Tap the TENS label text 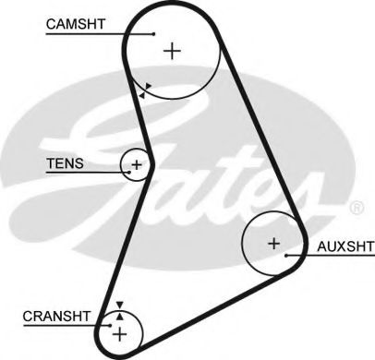(x=65, y=164)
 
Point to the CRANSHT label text (x=57, y=316)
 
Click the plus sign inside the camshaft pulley (x=172, y=51)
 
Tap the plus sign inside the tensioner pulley (x=137, y=165)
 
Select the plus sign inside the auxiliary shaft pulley (x=272, y=244)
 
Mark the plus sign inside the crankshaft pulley (x=120, y=330)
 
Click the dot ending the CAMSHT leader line (x=153, y=34)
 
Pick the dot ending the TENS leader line (x=123, y=172)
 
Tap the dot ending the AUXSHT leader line (x=288, y=254)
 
